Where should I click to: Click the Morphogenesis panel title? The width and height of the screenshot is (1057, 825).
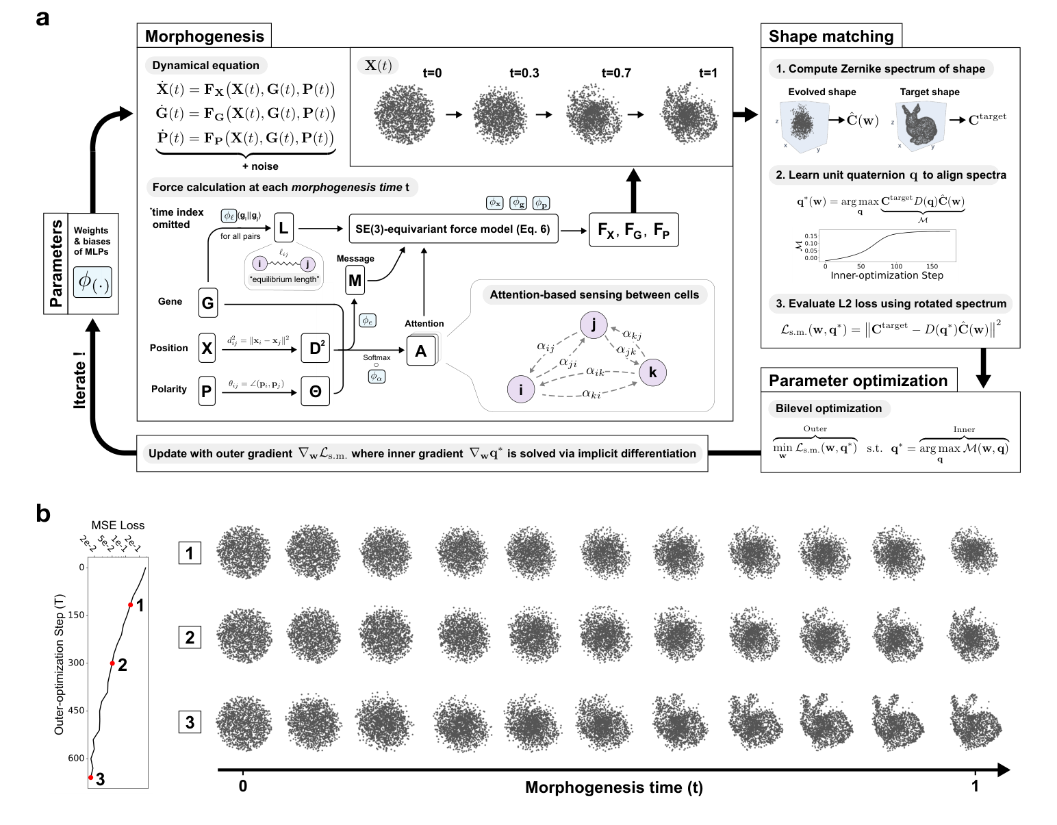point(204,36)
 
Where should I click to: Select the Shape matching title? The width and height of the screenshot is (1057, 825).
point(830,36)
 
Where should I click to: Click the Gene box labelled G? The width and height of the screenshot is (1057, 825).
point(207,302)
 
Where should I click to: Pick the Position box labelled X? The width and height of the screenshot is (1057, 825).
point(207,348)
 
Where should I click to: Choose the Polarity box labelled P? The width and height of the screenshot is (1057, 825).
point(207,390)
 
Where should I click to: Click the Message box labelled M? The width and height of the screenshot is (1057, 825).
point(355,280)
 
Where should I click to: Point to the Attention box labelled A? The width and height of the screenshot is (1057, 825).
point(421,351)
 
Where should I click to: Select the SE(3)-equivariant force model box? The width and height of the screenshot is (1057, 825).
point(453,229)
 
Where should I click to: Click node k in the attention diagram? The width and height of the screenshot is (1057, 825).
point(652,372)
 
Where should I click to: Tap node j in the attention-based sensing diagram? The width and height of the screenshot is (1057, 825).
point(594,325)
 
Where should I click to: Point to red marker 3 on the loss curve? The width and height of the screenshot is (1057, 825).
point(90,777)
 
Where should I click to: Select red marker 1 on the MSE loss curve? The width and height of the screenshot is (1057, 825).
point(130,605)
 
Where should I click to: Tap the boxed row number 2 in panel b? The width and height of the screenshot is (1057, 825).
point(190,637)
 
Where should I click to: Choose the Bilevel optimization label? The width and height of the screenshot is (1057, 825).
point(828,409)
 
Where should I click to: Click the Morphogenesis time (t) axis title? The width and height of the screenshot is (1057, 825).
point(613,787)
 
